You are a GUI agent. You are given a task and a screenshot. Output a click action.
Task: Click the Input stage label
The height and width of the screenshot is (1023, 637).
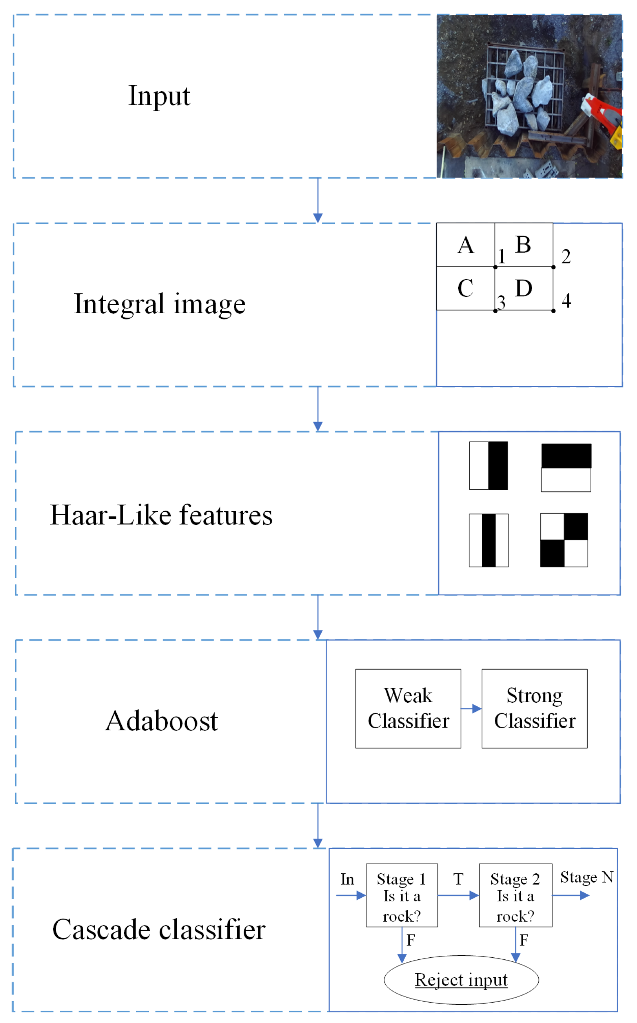tap(159, 96)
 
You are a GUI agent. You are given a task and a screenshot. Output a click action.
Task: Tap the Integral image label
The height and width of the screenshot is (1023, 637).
tap(160, 304)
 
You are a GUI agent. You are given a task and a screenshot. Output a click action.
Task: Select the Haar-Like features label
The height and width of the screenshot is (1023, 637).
tap(161, 515)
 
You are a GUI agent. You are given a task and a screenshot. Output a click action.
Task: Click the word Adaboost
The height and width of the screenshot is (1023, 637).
tap(161, 721)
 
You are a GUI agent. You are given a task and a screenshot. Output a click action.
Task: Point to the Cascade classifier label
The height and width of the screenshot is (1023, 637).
tap(159, 929)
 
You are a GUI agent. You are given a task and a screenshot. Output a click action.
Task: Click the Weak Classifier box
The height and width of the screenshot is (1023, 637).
tap(408, 709)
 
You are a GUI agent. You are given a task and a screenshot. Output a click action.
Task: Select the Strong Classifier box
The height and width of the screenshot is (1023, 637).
tap(534, 709)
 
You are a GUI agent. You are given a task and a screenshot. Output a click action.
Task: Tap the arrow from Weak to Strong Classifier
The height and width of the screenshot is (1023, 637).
tap(471, 709)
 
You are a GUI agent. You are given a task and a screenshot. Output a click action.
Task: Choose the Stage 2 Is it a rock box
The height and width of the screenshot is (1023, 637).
tap(515, 895)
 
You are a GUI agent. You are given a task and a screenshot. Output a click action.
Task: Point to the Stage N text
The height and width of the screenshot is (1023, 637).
tap(586, 877)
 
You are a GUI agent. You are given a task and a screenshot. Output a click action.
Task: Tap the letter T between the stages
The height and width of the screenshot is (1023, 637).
tap(458, 879)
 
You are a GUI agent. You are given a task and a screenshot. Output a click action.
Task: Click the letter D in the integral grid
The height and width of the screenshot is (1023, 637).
tap(523, 289)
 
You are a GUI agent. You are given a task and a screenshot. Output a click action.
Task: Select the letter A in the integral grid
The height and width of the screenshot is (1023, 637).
tap(465, 246)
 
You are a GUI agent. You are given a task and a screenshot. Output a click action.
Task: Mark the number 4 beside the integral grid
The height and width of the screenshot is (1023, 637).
tap(566, 301)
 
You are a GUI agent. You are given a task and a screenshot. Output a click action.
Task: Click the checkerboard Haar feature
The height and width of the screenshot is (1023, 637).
tap(564, 540)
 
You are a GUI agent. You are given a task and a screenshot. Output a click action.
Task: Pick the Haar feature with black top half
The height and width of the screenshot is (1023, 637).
tap(566, 467)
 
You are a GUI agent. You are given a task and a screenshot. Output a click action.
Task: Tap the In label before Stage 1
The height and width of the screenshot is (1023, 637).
tap(347, 879)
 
